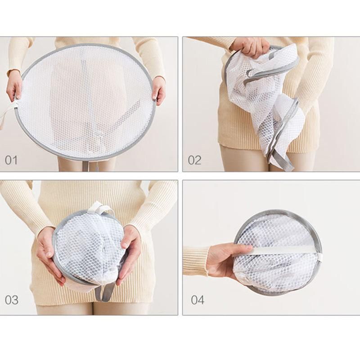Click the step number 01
11,160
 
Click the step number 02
194,160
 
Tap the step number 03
12,300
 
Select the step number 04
198,300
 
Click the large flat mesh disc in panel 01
85,101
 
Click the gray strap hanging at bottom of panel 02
280,161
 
